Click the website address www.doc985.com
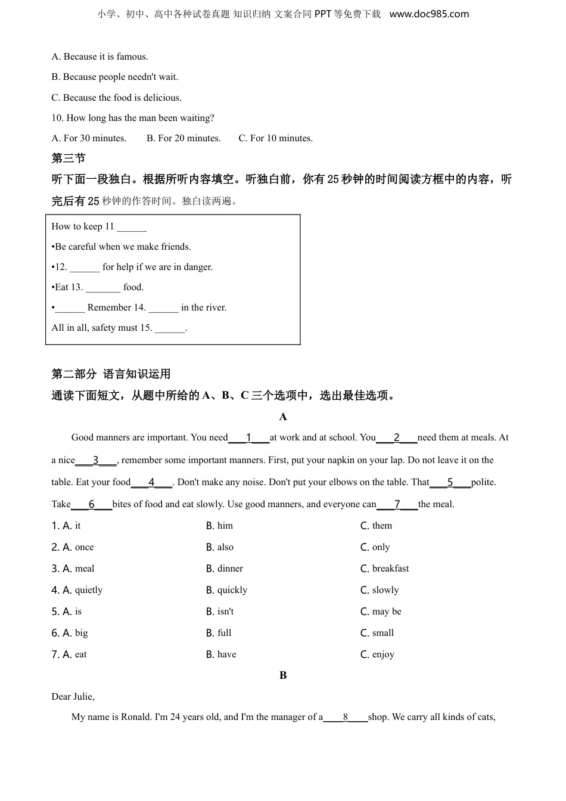(429, 14)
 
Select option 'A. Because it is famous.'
(99, 57)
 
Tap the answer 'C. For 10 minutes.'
(275, 138)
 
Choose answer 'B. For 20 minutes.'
(184, 138)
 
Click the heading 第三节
(68, 158)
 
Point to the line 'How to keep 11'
(99, 226)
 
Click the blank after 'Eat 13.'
(103, 288)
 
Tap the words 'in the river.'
(204, 308)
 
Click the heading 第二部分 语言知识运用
(111, 374)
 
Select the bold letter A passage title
(283, 417)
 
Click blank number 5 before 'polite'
(450, 482)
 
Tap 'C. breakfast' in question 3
(384, 569)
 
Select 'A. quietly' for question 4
(77, 590)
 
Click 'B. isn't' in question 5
(220, 611)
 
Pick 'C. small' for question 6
(377, 633)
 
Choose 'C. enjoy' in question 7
(377, 654)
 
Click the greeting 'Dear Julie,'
(73, 697)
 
